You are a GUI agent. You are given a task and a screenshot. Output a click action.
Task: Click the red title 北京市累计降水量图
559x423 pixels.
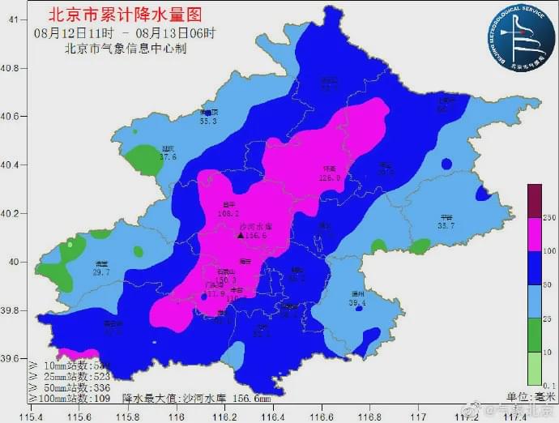(125, 14)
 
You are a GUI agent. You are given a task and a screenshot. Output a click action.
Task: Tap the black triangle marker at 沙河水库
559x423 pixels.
(240, 235)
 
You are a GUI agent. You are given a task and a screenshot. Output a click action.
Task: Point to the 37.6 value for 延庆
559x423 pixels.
(168, 156)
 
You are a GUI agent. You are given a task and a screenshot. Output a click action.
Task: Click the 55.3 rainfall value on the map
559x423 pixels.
(209, 122)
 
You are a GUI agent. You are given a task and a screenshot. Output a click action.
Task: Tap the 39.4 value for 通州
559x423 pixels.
(357, 303)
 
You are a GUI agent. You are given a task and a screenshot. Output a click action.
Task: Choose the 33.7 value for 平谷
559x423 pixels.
(446, 226)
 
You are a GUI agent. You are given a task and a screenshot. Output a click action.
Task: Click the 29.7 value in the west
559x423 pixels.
(101, 273)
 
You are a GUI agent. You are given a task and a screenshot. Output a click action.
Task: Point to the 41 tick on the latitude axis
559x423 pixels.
(13, 19)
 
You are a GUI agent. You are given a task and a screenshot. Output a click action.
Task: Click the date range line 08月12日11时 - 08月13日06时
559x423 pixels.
(126, 32)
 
